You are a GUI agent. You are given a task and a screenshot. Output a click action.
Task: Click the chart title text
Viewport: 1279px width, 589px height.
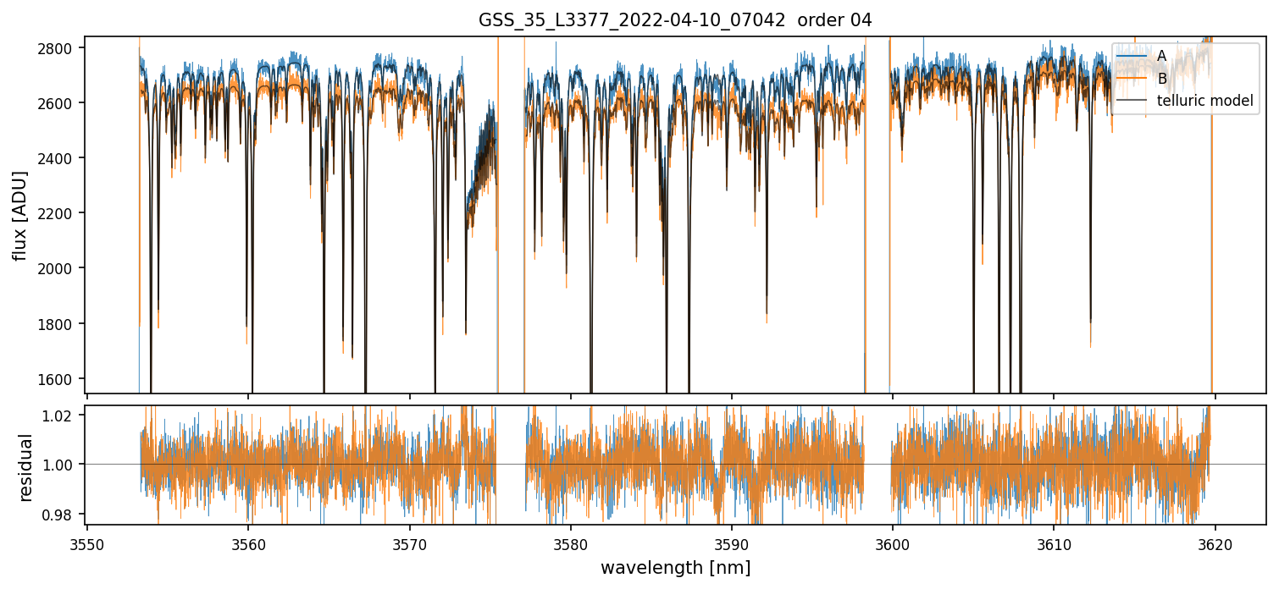tap(675, 19)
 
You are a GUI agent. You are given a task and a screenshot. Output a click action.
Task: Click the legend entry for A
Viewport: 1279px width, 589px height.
tap(1161, 56)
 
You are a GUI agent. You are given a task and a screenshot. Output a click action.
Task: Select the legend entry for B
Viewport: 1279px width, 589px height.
tap(1161, 79)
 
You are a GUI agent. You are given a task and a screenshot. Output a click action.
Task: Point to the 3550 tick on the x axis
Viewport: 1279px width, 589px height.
tap(87, 542)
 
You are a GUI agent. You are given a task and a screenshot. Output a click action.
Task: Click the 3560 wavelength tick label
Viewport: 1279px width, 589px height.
tap(248, 542)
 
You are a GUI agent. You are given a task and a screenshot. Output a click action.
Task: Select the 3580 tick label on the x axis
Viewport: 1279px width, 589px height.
tap(570, 542)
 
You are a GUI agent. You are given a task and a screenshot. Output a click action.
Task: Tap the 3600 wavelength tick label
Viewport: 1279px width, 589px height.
tap(893, 542)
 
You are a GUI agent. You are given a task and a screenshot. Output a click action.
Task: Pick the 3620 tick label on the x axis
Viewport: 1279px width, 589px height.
tap(1215, 542)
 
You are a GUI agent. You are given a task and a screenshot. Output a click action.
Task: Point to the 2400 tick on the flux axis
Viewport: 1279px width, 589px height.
tap(61, 158)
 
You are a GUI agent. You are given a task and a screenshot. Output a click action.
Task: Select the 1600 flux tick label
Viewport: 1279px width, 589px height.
tap(61, 379)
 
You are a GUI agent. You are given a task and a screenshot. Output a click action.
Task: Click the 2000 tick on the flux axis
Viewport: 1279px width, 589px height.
tap(61, 268)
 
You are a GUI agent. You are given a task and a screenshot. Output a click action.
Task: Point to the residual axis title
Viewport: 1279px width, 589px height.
tap(25, 467)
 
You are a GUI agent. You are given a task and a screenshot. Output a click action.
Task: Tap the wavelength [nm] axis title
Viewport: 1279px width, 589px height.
tap(675, 567)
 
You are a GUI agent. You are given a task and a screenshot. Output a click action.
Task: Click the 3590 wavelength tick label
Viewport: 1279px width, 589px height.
tap(732, 542)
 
